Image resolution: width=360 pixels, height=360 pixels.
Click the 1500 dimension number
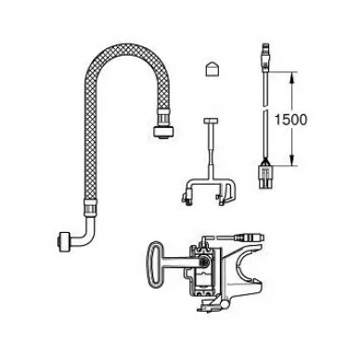[291, 120]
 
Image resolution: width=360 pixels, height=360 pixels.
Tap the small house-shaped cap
[212, 69]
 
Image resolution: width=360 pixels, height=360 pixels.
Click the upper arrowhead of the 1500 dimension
[291, 77]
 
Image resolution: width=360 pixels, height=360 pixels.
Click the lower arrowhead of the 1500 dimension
[291, 161]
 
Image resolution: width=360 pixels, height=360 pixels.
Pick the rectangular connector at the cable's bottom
[265, 178]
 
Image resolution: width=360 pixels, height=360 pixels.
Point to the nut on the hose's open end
[161, 131]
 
